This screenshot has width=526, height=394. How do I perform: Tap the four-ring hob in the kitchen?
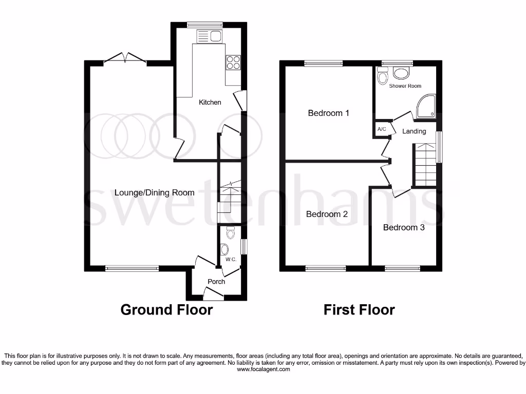coord(233,62)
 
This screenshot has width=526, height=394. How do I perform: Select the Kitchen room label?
coord(210,102)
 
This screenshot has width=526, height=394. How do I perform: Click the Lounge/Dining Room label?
coord(154,193)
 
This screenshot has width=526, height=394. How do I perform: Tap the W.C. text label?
coord(230,260)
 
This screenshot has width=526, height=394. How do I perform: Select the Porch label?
coord(216,281)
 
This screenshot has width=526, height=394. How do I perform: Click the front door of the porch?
coord(213,294)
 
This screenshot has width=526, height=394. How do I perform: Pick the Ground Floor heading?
coord(166,310)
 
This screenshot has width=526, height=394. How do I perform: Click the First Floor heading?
coord(359,310)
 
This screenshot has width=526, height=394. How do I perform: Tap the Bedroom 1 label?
coord(328,113)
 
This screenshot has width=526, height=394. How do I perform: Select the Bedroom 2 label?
coord(327,214)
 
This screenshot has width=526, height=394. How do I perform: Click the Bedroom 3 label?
coord(404,227)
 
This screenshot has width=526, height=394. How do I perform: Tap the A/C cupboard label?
coord(382,129)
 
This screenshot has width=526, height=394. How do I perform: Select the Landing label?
coord(414,131)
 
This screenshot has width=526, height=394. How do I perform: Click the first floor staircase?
coord(425,165)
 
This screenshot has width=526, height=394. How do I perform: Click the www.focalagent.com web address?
coord(263,369)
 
